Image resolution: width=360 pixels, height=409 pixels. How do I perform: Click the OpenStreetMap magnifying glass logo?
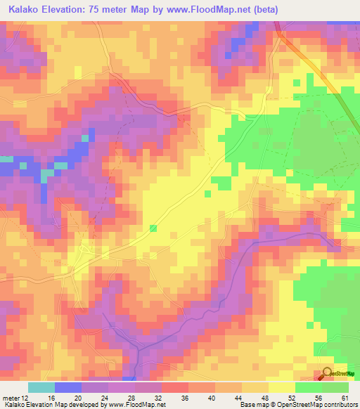[x=328, y=374]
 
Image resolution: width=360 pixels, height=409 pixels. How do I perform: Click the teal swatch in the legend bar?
[x=41, y=387]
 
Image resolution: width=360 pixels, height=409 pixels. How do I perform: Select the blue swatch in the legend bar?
[x=68, y=387]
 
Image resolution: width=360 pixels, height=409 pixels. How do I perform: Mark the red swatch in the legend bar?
[x=174, y=387]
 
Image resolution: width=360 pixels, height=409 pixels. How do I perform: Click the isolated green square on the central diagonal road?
[x=153, y=228]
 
